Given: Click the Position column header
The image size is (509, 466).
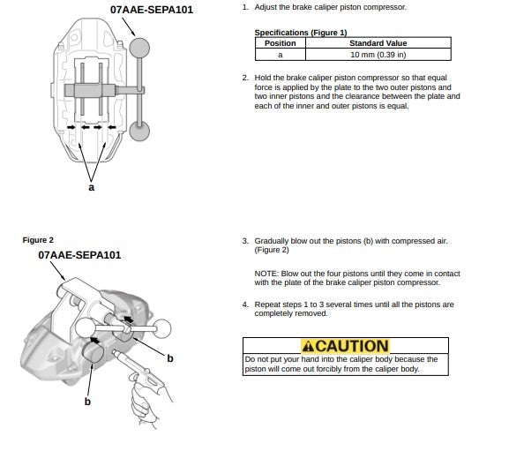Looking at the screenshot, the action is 281,43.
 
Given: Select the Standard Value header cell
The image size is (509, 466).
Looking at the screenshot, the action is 378,43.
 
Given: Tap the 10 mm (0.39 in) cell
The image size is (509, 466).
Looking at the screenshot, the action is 378,55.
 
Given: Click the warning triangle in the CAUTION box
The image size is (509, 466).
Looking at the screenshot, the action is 308,346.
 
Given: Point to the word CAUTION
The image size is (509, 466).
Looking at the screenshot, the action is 352,346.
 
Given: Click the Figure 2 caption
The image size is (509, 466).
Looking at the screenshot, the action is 38,240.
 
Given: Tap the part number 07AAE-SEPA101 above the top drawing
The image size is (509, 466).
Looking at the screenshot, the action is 152,10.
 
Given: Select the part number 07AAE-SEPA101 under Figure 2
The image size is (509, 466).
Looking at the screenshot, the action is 79,255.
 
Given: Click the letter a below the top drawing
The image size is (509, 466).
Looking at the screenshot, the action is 92,187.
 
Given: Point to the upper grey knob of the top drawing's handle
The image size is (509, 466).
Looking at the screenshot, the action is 139,48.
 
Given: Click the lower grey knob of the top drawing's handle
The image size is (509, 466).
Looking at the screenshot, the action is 139,132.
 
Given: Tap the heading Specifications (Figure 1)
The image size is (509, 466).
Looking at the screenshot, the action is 301,33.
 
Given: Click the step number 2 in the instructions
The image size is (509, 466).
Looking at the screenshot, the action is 245,78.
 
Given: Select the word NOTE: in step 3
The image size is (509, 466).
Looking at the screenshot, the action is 266,274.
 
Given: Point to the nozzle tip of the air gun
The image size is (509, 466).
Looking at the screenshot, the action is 114,351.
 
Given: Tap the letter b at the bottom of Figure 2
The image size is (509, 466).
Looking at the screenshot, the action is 87,402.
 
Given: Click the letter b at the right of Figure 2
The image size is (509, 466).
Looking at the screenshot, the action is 170,358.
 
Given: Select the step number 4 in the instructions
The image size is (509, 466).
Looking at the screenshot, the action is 245,304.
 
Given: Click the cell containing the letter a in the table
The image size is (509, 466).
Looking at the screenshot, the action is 281,55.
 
